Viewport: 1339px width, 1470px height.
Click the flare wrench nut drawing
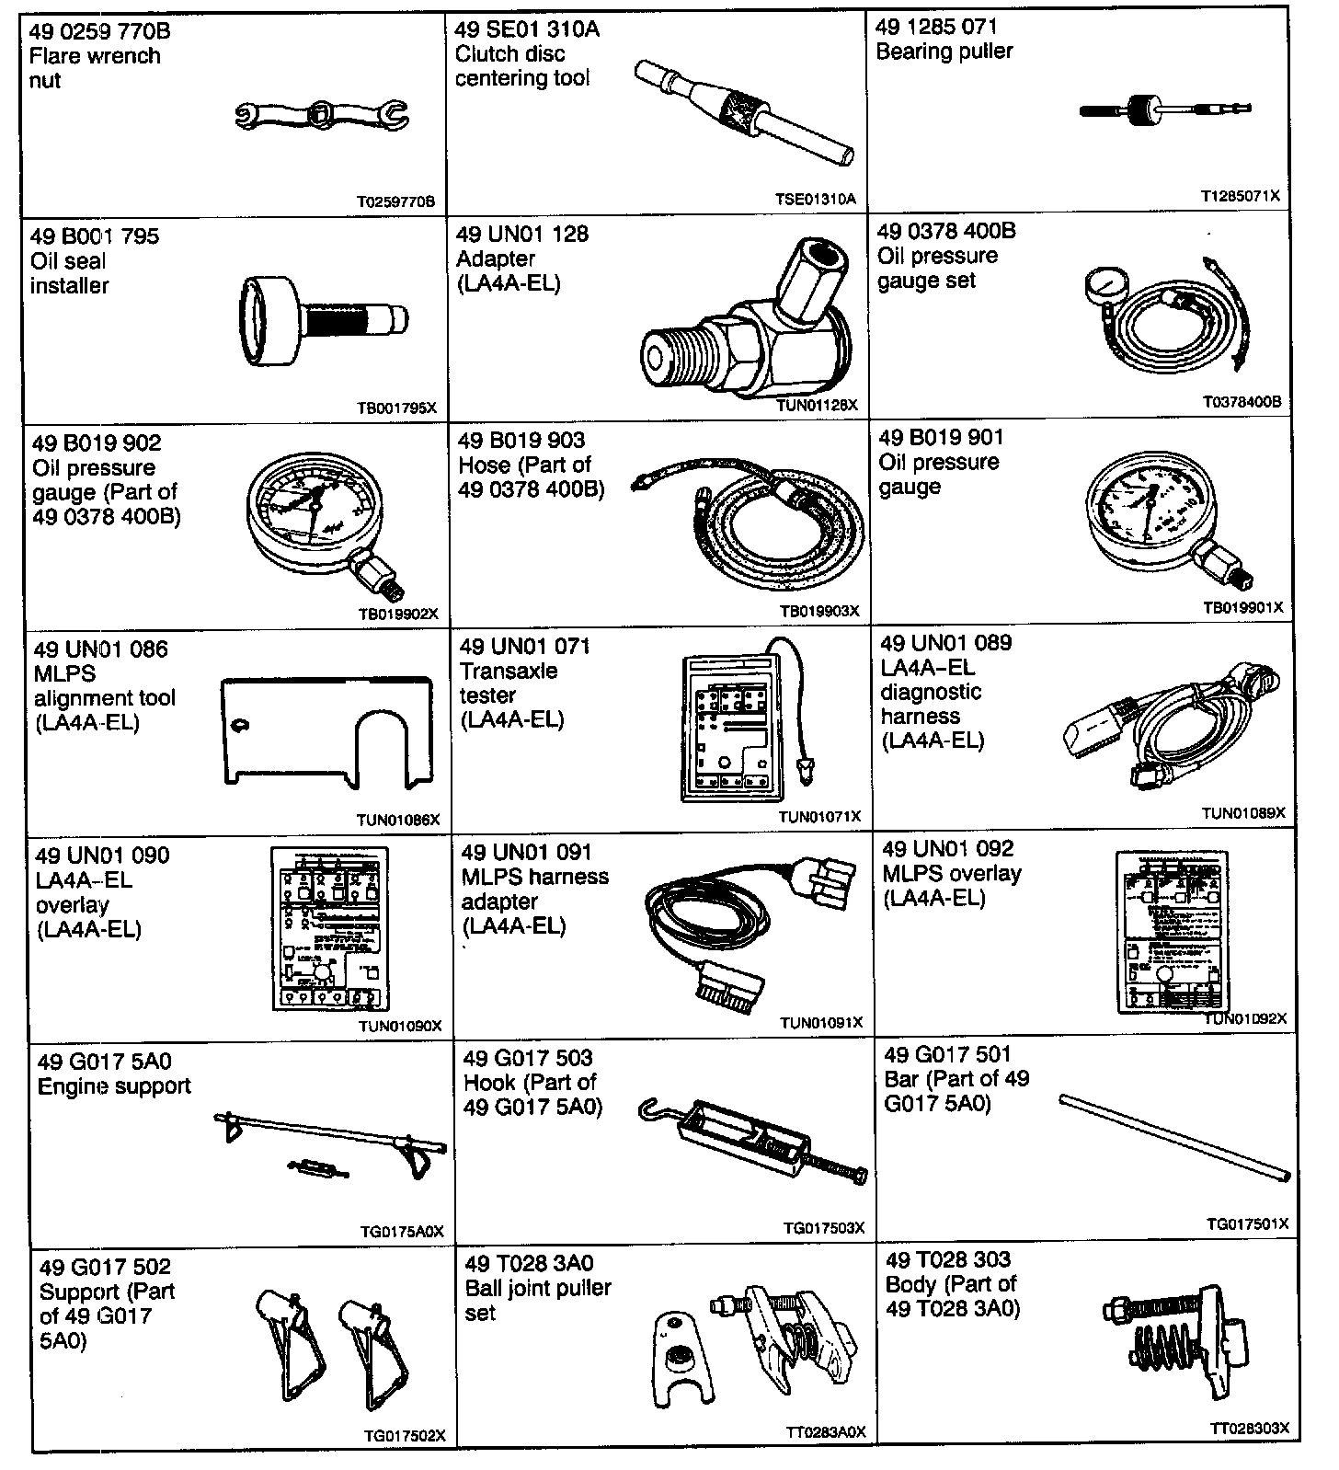(321, 115)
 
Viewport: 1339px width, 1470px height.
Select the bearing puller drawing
(1164, 109)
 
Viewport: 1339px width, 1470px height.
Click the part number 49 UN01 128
(521, 235)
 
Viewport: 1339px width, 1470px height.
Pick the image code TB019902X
(398, 614)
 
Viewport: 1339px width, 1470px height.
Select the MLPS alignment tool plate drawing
(326, 731)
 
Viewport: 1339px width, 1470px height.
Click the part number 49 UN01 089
(945, 643)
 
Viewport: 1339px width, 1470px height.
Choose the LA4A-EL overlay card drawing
(327, 929)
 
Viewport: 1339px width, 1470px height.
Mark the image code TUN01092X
(1245, 1018)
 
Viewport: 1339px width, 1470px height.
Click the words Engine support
(114, 1086)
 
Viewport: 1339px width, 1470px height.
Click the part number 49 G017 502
(105, 1267)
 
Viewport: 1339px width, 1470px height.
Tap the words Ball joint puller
(538, 1288)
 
